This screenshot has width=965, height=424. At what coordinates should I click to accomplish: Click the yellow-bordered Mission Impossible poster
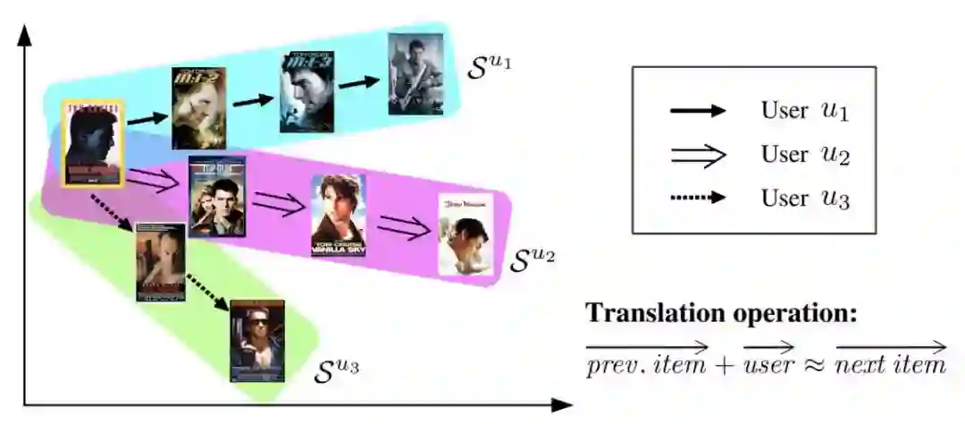[x=92, y=143]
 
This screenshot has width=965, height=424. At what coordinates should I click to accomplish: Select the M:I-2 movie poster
[x=197, y=107]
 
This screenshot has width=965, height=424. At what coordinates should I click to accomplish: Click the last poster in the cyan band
[x=415, y=74]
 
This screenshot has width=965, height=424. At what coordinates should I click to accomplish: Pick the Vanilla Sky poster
[x=338, y=216]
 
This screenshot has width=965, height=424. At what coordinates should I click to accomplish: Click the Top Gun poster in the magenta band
[x=216, y=196]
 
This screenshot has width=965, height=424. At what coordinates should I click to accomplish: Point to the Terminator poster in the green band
[x=257, y=340]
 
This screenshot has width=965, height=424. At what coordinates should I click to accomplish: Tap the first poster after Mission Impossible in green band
[x=161, y=261]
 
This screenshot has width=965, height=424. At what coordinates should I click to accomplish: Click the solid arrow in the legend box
[x=698, y=112]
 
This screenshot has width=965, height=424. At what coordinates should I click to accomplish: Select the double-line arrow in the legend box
[x=698, y=154]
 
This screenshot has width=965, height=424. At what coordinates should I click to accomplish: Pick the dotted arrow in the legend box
[x=698, y=197]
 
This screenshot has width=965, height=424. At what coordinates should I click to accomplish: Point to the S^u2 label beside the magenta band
[x=533, y=260]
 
